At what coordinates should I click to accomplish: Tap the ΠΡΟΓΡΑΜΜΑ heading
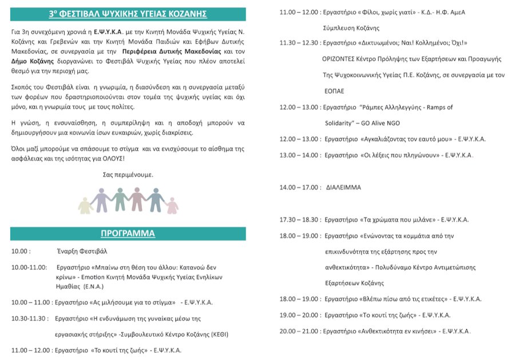click(128, 234)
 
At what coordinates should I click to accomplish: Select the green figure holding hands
click(120, 199)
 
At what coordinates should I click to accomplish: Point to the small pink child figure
click(172, 205)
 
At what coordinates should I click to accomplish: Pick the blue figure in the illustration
click(154, 199)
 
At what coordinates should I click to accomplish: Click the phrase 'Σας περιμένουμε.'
click(128, 175)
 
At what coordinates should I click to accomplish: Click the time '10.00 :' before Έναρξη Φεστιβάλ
click(21, 251)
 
